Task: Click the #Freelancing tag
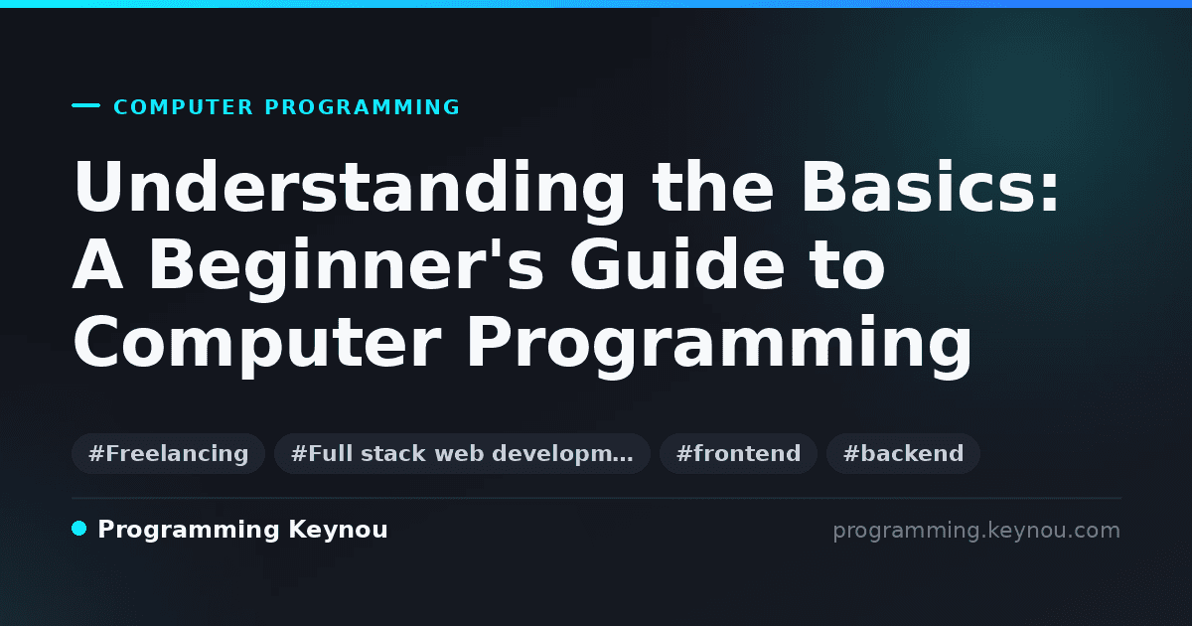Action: pyautogui.click(x=168, y=453)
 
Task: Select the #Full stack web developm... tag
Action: pyautogui.click(x=462, y=453)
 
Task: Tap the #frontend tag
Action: pyautogui.click(x=738, y=453)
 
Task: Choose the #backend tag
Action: pyautogui.click(x=903, y=453)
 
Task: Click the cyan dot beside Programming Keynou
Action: pyautogui.click(x=78, y=529)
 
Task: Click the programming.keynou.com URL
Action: pyautogui.click(x=976, y=531)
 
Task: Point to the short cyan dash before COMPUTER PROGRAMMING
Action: pyautogui.click(x=85, y=105)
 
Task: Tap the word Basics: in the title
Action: pyautogui.click(x=930, y=187)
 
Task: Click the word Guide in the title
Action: pyautogui.click(x=676, y=263)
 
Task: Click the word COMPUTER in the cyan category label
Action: pyautogui.click(x=184, y=107)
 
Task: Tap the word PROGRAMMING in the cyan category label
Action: pyautogui.click(x=363, y=107)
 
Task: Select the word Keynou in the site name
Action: pyautogui.click(x=338, y=530)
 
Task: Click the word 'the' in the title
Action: pyautogui.click(x=713, y=187)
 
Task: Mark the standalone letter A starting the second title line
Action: pyautogui.click(x=98, y=264)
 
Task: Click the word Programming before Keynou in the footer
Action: pyautogui.click(x=189, y=531)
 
